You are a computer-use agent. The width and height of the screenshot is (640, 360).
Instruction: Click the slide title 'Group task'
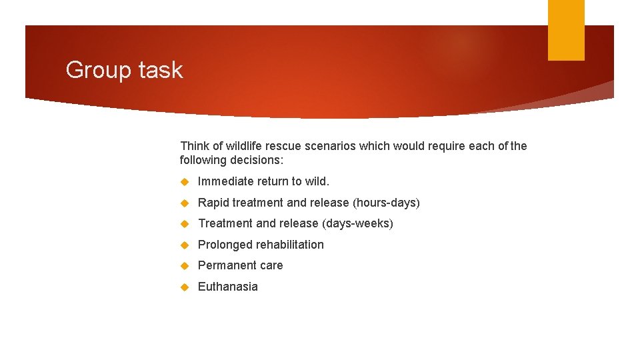tap(124, 70)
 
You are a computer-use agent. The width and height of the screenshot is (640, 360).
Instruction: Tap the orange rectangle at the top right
tap(565, 29)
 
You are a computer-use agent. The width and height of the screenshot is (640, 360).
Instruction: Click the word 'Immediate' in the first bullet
tap(225, 181)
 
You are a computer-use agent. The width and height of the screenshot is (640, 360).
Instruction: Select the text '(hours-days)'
tap(387, 203)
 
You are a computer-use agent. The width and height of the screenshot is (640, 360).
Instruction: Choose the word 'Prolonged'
tap(225, 245)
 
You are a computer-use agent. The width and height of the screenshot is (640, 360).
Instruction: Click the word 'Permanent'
tap(227, 265)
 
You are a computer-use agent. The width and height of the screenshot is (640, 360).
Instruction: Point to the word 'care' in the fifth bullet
tap(271, 265)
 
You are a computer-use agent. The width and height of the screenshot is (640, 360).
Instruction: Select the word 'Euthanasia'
tap(228, 287)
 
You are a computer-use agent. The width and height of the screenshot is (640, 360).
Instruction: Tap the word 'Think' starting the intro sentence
tap(195, 146)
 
